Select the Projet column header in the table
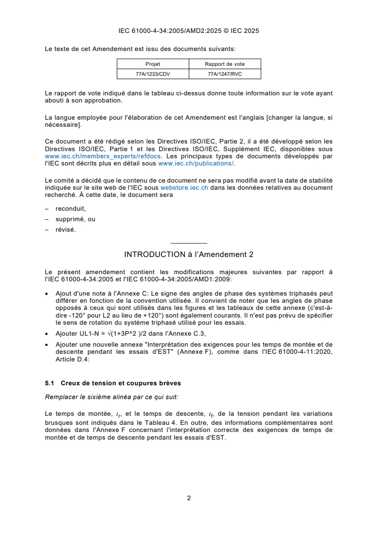tap(153, 64)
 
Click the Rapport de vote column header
tap(225, 64)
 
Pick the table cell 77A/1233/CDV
tap(153, 74)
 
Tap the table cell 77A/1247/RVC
tap(225, 74)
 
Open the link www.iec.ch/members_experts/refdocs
tap(103, 156)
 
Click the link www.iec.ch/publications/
tap(196, 163)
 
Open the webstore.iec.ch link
tap(184, 187)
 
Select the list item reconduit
tap(71, 208)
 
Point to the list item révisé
tap(65, 229)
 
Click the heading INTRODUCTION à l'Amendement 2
tap(188, 255)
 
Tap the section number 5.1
tap(50, 383)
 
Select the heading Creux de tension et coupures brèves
tap(121, 383)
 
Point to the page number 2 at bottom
tap(189, 498)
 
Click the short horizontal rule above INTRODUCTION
tap(188, 243)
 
